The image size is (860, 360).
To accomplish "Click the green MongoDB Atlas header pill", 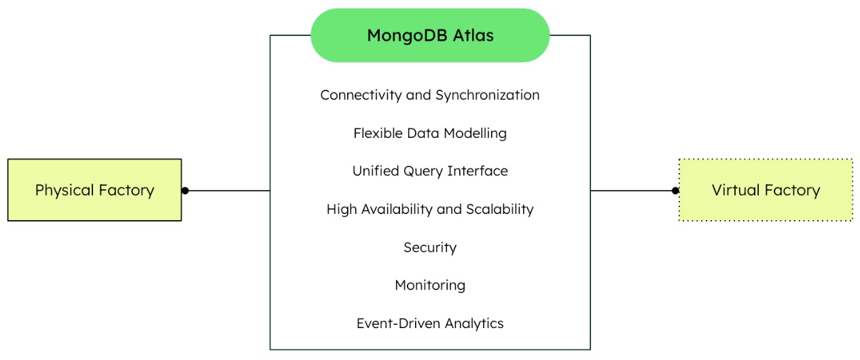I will coord(429,35).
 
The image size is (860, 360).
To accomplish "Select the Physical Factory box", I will coord(94,190).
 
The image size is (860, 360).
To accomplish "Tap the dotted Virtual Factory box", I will coord(766,190).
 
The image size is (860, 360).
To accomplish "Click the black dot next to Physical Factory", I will coord(185,191).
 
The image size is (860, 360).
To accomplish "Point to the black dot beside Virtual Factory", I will coord(675,191).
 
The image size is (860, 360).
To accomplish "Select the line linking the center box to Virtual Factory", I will coord(632,191).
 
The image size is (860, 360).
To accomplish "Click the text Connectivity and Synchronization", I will coord(429,95).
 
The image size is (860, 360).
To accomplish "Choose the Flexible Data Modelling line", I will coord(429,133).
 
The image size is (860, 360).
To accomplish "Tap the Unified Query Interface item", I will coord(429,171).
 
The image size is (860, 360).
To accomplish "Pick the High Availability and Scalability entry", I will coord(429,209).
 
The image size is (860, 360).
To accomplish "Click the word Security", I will coord(429,247).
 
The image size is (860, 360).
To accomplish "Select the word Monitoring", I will coord(429,285).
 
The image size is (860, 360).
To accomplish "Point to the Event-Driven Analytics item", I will coord(429,323).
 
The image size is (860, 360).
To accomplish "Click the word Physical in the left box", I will coord(63,190).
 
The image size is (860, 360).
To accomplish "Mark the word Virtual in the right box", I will coord(734,190).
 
